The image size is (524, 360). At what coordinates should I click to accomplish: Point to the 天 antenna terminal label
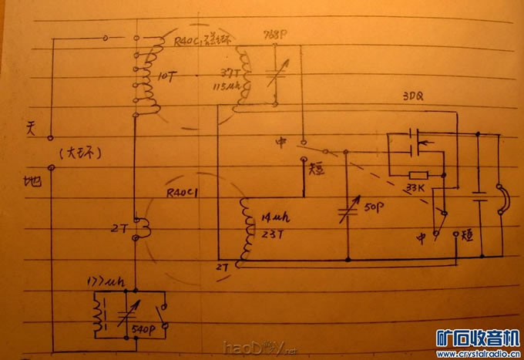pyautogui.click(x=32, y=126)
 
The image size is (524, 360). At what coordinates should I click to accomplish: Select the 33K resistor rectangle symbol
pyautogui.click(x=419, y=176)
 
